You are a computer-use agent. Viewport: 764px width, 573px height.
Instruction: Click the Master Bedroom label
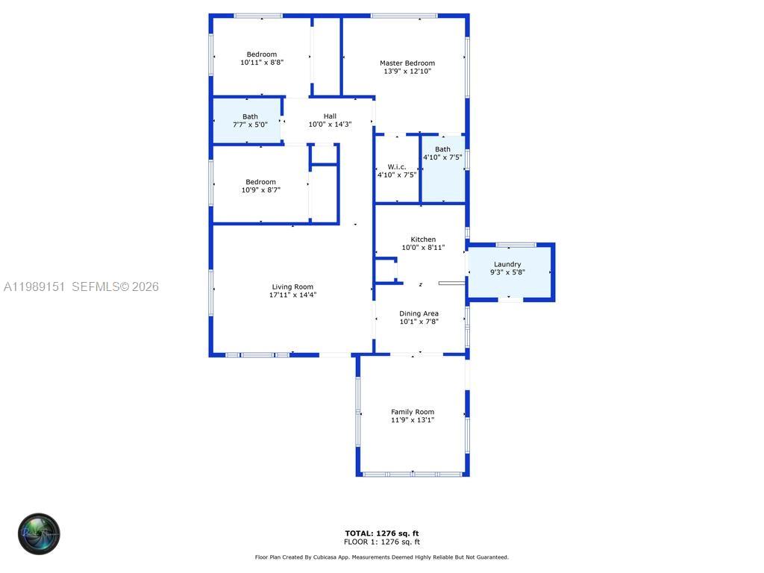tap(407, 63)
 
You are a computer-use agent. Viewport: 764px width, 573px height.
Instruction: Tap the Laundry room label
tap(507, 264)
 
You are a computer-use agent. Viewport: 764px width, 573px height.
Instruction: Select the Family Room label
tap(413, 412)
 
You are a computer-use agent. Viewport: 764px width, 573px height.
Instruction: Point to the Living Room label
tap(292, 286)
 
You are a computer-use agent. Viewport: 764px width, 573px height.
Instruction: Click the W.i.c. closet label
tap(397, 166)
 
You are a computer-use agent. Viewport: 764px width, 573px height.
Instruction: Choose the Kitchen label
tap(423, 239)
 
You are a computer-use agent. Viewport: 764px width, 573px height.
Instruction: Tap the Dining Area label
tap(419, 313)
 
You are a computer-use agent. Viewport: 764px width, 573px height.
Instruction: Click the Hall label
tap(330, 116)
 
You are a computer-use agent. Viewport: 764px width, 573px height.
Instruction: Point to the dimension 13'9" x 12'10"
tap(407, 72)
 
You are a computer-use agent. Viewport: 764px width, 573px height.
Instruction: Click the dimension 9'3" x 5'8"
tap(507, 272)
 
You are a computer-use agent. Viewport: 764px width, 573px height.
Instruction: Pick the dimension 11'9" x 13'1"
tap(413, 420)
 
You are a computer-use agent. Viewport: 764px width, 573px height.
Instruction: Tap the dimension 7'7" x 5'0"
tap(250, 125)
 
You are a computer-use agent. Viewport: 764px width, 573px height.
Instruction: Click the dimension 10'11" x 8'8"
tap(262, 63)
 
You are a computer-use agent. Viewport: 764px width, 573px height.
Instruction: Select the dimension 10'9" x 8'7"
tap(261, 190)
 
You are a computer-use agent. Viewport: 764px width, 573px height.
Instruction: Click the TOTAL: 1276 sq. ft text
tap(382, 533)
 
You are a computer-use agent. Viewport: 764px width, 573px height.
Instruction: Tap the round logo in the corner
tap(39, 533)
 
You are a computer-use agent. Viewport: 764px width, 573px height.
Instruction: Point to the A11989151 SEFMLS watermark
tap(81, 286)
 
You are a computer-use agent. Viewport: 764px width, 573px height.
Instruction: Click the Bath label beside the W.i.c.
tap(442, 149)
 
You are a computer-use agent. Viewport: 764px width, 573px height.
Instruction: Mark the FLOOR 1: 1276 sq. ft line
tap(382, 542)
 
